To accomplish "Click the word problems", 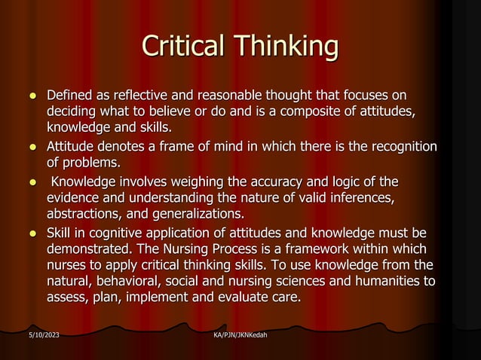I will tap(93, 161).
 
